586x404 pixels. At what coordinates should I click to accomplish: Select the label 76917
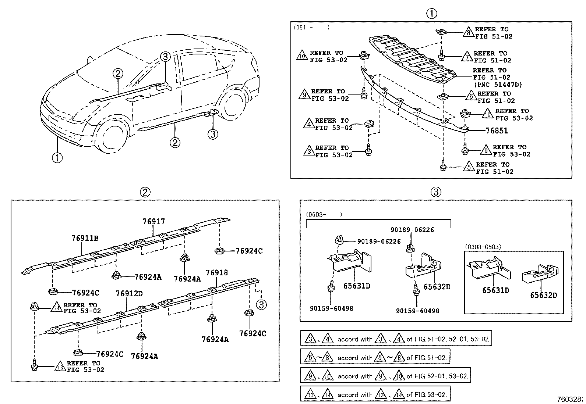[154, 222]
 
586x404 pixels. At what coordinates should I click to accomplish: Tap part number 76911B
[85, 238]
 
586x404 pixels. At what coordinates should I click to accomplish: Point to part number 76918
[216, 273]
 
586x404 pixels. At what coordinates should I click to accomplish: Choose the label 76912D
[129, 294]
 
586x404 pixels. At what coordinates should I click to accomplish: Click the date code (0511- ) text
[311, 28]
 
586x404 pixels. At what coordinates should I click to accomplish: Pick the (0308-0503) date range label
[483, 247]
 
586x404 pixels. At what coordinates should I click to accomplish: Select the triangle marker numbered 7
[467, 57]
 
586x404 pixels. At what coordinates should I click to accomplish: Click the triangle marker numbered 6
[471, 97]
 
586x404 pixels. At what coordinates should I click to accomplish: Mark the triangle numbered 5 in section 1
[469, 168]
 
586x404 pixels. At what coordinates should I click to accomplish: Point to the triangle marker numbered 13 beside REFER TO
[60, 367]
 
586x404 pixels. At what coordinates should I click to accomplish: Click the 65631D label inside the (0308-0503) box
[495, 290]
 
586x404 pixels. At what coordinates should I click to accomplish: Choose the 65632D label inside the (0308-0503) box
[543, 295]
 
